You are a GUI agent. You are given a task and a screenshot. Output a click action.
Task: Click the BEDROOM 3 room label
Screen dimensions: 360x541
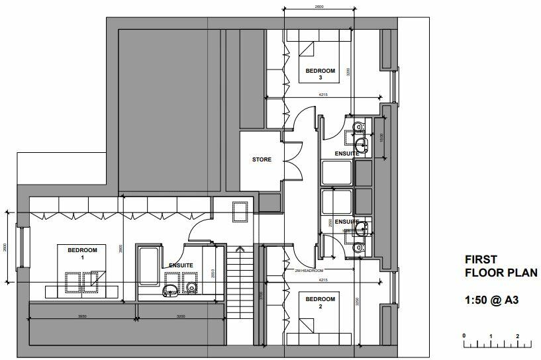(320, 73)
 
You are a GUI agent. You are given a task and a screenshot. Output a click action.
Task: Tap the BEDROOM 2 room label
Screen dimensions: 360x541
(320, 303)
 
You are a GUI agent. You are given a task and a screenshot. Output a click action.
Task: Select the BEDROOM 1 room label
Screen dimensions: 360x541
(82, 253)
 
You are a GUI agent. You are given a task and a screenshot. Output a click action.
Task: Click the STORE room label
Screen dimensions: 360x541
(262, 159)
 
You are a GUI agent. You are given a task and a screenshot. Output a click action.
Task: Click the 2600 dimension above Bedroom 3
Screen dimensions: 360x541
(319, 7)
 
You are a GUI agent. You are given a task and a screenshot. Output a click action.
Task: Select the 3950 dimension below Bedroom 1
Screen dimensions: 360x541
(83, 316)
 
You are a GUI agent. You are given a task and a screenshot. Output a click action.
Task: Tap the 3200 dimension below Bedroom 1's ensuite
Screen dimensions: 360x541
(181, 316)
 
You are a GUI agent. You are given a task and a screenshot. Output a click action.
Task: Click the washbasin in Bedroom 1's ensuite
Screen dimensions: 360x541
(170, 289)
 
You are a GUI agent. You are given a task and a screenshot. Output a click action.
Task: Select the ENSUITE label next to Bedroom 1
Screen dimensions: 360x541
(180, 265)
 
